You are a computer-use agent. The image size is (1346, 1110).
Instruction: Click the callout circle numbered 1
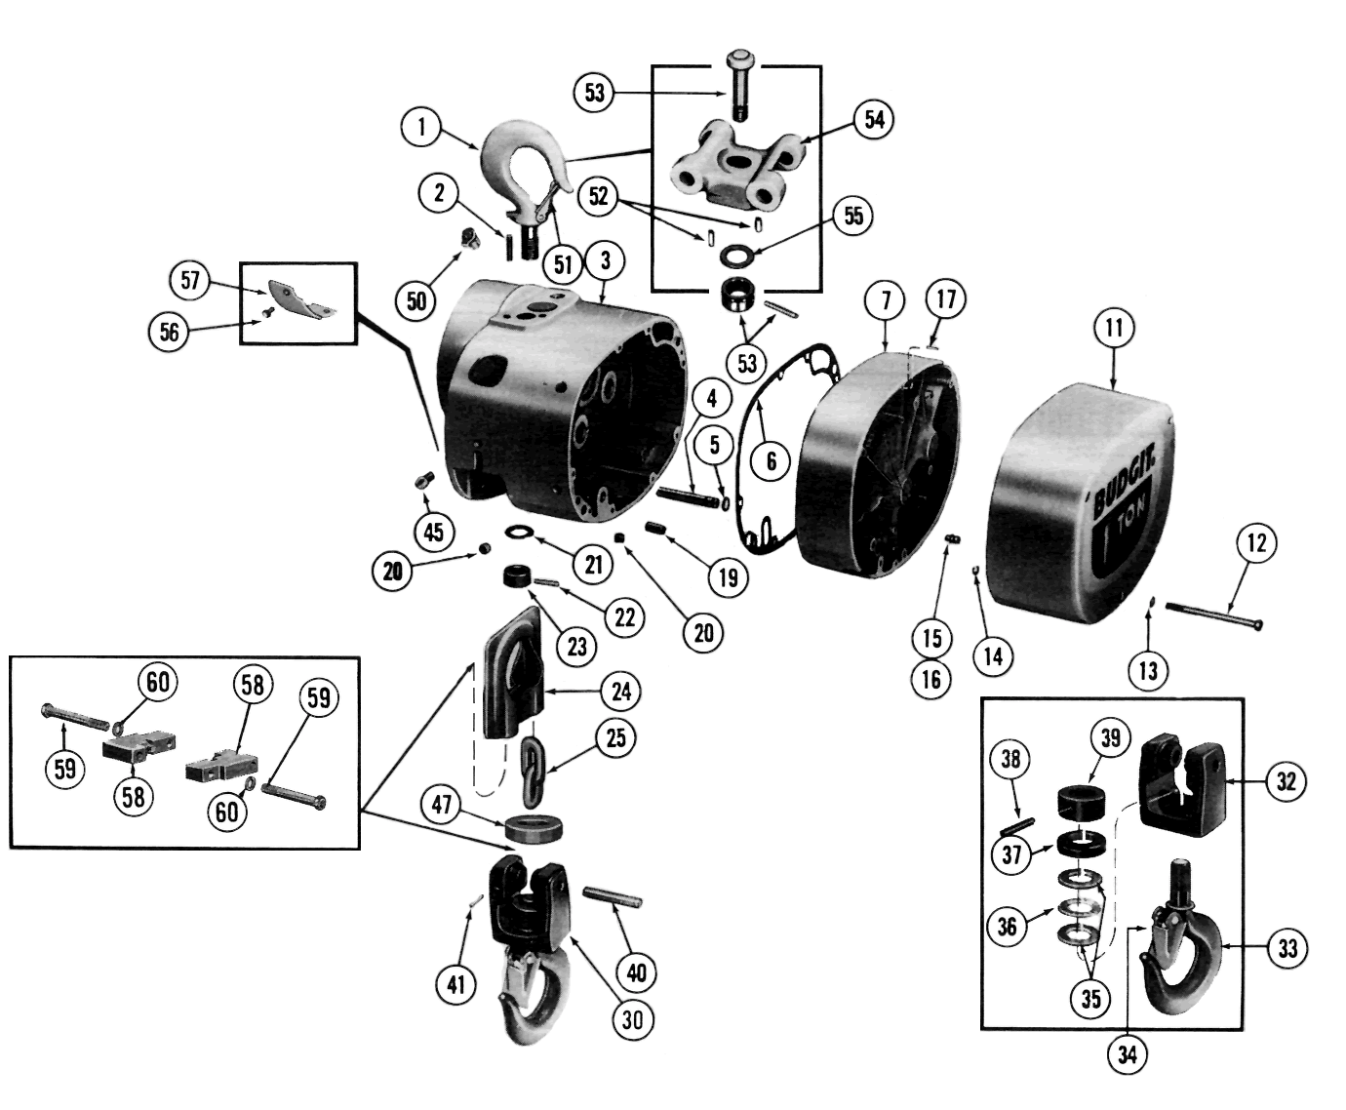click(421, 126)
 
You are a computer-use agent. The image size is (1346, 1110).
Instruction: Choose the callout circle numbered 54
click(873, 120)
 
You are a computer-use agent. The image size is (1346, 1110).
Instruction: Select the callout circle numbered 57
click(189, 282)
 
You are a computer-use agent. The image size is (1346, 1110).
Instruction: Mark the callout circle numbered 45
click(434, 532)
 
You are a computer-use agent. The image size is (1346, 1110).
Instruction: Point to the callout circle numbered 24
click(621, 692)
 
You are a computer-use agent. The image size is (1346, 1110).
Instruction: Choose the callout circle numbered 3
click(606, 261)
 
